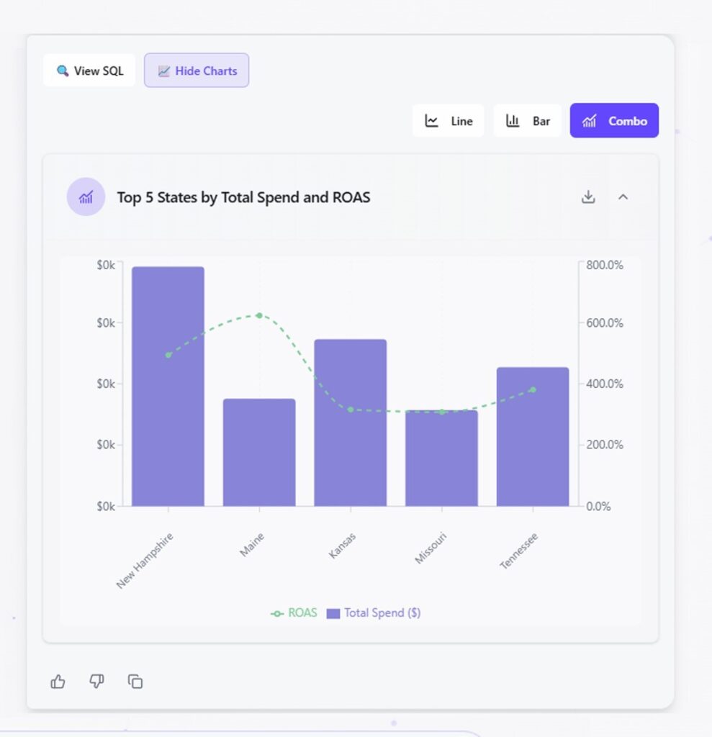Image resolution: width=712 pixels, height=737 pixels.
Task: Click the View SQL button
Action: click(x=89, y=71)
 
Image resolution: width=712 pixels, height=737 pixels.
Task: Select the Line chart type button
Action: click(x=448, y=121)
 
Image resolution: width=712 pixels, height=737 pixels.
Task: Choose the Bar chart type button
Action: click(x=528, y=121)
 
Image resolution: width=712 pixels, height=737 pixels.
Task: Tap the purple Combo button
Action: click(x=614, y=121)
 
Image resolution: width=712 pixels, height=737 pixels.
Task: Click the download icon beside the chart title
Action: click(x=588, y=196)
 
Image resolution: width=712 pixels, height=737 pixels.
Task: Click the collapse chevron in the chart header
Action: click(x=623, y=196)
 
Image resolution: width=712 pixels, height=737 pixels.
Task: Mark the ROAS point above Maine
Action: click(x=259, y=315)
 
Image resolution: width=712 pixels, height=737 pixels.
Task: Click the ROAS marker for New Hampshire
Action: click(x=168, y=355)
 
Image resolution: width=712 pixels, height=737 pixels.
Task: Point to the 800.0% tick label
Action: click(x=605, y=265)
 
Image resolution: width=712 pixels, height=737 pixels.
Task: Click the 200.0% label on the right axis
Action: click(x=605, y=445)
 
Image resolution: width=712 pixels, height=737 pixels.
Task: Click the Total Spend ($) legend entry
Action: click(x=374, y=613)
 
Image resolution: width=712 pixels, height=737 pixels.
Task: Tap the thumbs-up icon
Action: click(x=58, y=681)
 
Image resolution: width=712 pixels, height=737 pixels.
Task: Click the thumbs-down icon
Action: click(x=96, y=681)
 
